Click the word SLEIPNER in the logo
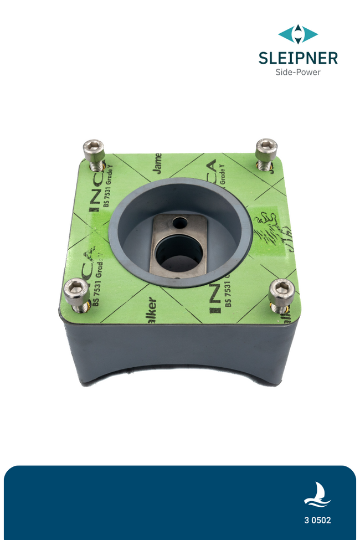pos(298,58)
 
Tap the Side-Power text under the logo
pos(298,72)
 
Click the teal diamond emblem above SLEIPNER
pos(298,34)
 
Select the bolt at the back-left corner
pos(94,151)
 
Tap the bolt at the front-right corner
pos(281,292)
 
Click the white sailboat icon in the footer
pos(317,494)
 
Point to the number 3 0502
pos(317,520)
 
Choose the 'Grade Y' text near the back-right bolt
pos(223,173)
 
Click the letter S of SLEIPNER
pos(264,58)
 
